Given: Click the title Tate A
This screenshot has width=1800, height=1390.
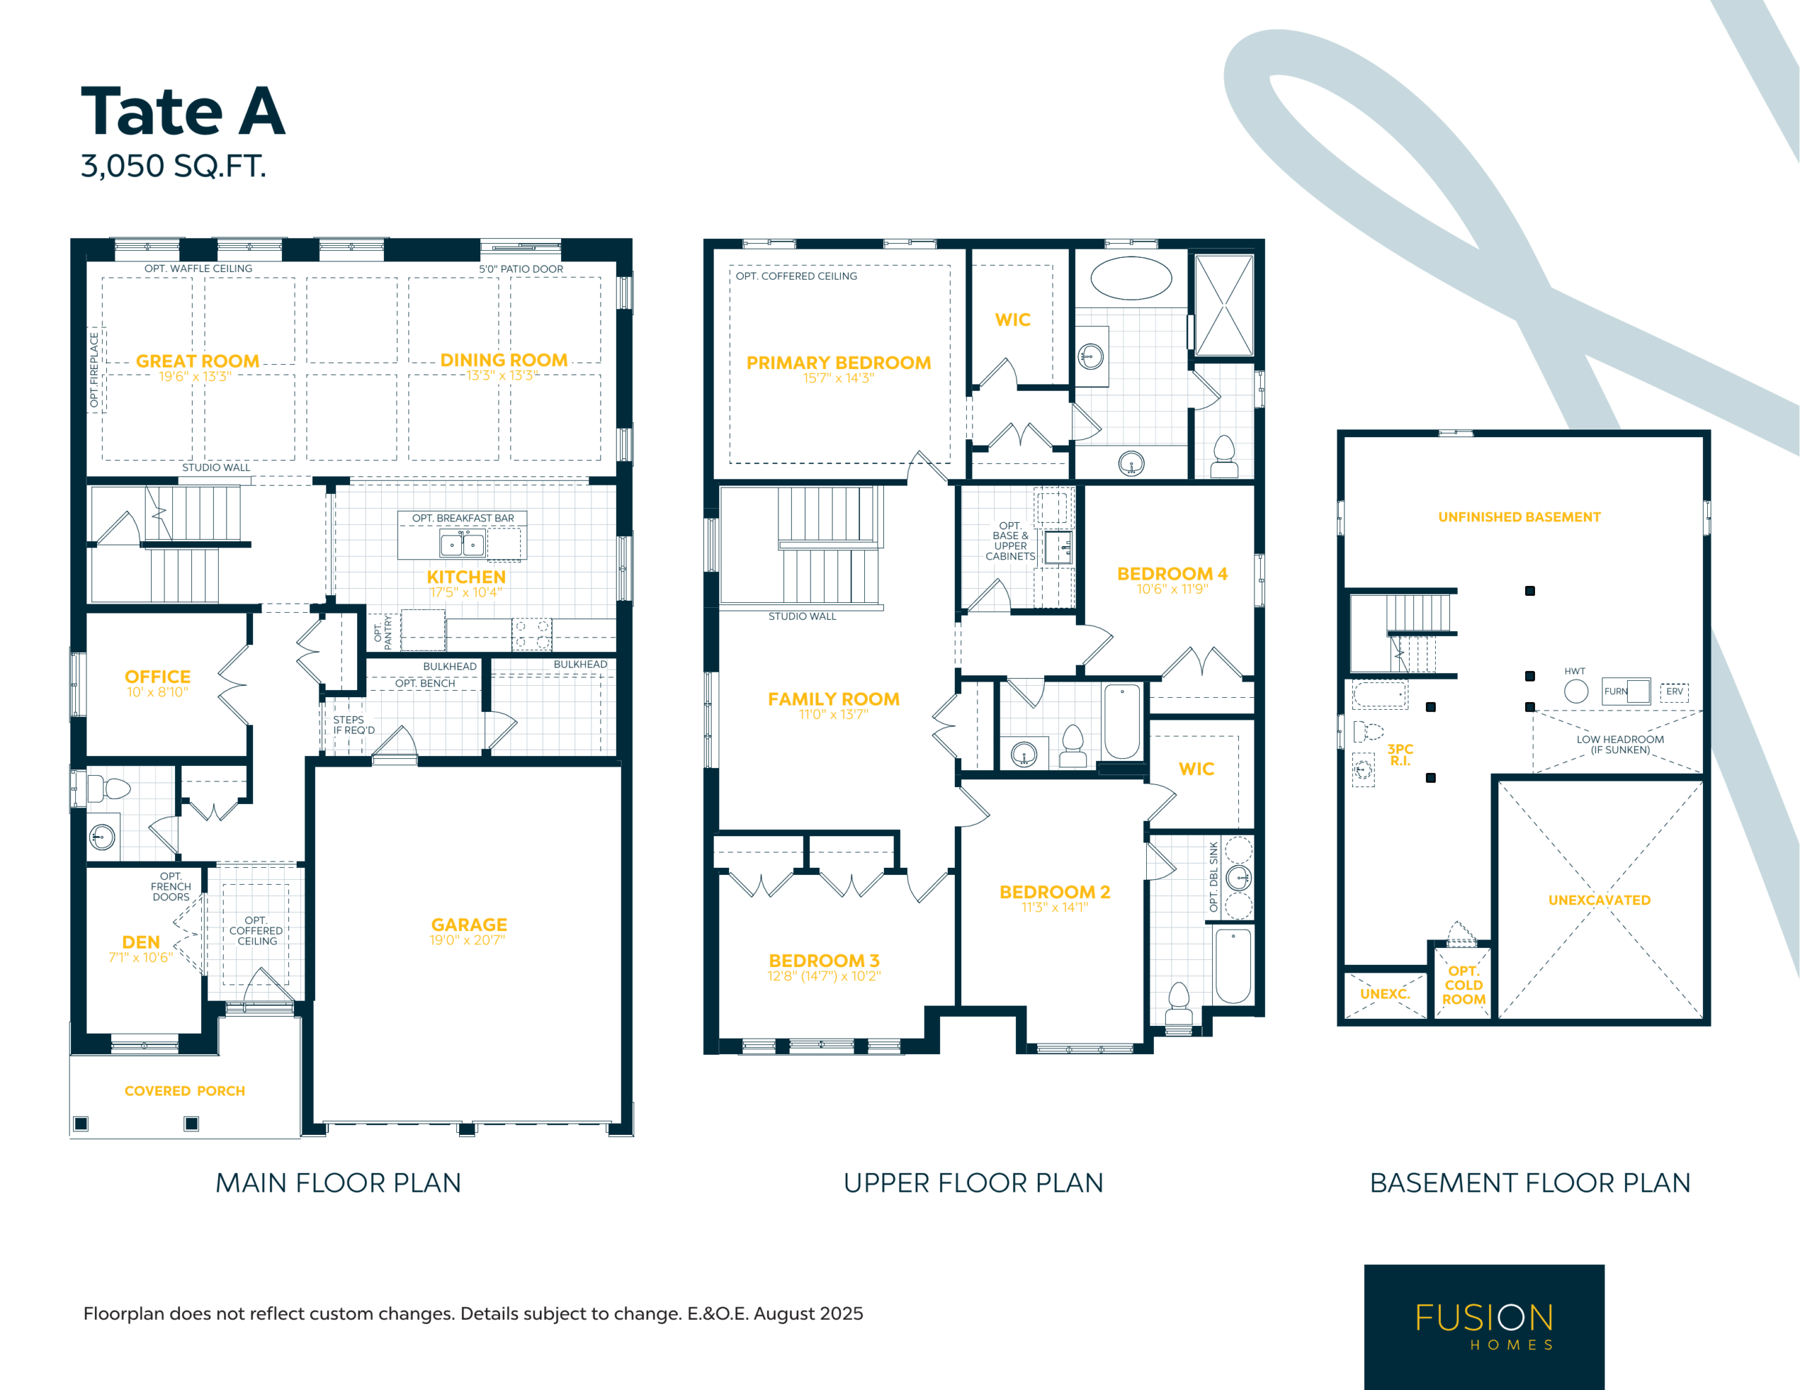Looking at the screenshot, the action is tap(183, 111).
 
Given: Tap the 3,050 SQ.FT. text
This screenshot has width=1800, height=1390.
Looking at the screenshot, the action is tap(173, 167).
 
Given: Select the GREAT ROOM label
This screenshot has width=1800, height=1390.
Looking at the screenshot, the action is tap(198, 361).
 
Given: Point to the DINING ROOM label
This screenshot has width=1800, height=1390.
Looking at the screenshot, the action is tap(503, 360).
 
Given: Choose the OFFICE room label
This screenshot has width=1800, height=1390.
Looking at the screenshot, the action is tap(157, 677).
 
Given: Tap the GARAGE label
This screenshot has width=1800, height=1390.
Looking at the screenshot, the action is tap(469, 925).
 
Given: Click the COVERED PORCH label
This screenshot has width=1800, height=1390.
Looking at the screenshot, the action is tap(185, 1091).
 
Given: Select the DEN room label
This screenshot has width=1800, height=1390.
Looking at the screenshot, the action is tap(141, 942).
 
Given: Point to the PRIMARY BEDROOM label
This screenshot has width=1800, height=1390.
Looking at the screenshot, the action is tap(838, 363).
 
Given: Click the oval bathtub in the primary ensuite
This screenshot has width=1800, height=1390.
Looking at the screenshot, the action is tap(1131, 278).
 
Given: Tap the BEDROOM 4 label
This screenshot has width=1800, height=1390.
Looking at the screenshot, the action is tap(1172, 573).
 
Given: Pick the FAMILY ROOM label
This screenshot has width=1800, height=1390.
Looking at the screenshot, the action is tap(833, 699).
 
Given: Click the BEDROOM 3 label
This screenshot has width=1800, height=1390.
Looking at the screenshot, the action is tap(824, 961).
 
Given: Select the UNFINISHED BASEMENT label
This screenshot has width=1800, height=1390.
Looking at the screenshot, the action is tap(1519, 517).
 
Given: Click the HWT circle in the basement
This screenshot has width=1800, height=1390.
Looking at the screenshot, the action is tap(1576, 691).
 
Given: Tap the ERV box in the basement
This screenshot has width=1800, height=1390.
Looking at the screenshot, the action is tap(1674, 692).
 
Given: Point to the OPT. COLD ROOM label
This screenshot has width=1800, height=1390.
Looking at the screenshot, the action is tap(1464, 985).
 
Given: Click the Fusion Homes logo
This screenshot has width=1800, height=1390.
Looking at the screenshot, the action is tap(1484, 1327).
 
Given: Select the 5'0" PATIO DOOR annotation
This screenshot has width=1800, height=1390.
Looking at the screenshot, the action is tap(521, 268).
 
